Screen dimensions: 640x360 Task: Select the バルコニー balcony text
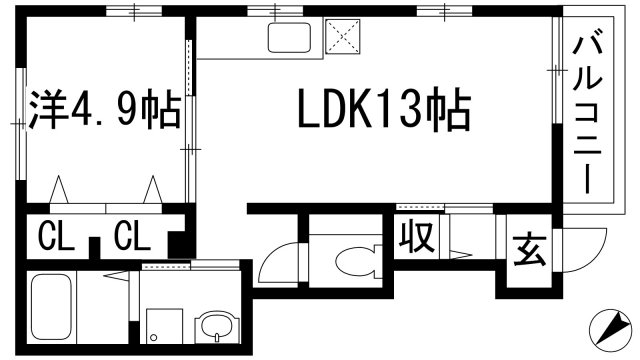tap(586, 111)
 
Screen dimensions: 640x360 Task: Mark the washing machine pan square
tap(161, 325)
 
